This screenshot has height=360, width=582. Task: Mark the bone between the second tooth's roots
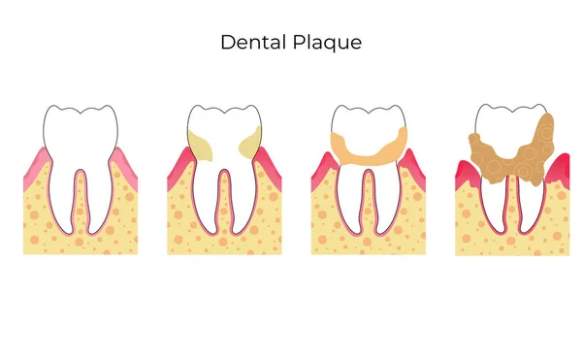224,218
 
